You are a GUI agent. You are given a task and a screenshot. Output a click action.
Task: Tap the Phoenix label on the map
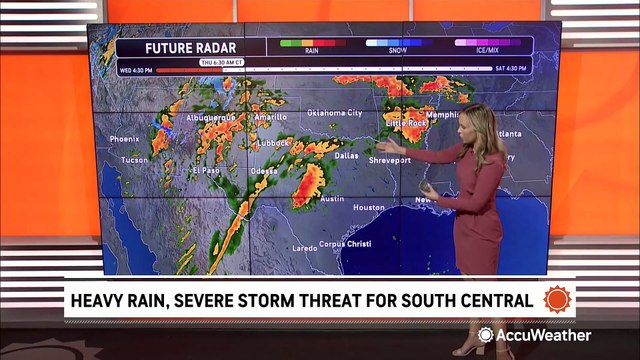point(124,139)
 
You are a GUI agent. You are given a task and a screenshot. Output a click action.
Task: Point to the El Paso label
point(205,170)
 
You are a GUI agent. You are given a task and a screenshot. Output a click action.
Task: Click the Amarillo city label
point(270,117)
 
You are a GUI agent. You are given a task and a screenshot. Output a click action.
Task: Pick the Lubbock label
point(272,143)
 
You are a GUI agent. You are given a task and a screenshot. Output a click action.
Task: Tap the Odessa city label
point(265,170)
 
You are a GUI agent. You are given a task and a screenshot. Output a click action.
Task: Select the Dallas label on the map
point(346,156)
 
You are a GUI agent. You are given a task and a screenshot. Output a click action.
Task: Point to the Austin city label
point(332,199)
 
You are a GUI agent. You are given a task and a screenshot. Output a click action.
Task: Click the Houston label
point(368,207)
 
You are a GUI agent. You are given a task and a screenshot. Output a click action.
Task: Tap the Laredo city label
point(304,246)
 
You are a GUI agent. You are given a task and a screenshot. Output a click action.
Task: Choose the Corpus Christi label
point(345,244)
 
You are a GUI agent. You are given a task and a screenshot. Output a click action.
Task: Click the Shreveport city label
point(389,160)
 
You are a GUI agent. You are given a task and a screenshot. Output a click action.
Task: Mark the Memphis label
point(441,115)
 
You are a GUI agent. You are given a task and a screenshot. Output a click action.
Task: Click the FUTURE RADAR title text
point(179,47)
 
